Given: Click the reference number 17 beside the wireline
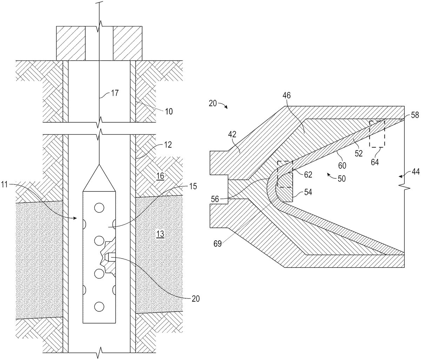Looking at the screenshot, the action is pyautogui.click(x=115, y=93).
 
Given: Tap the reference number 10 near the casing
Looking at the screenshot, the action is pyautogui.click(x=169, y=111).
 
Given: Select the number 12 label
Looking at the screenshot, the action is pyautogui.click(x=168, y=145).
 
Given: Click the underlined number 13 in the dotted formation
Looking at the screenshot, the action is pyautogui.click(x=160, y=234).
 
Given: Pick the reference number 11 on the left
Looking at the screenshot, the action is pyautogui.click(x=4, y=185).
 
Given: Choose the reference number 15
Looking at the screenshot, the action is pyautogui.click(x=193, y=186).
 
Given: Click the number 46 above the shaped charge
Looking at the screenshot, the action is pyautogui.click(x=286, y=95).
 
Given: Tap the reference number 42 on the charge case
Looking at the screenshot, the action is pyautogui.click(x=232, y=135).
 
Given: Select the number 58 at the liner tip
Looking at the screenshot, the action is pyautogui.click(x=415, y=115).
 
